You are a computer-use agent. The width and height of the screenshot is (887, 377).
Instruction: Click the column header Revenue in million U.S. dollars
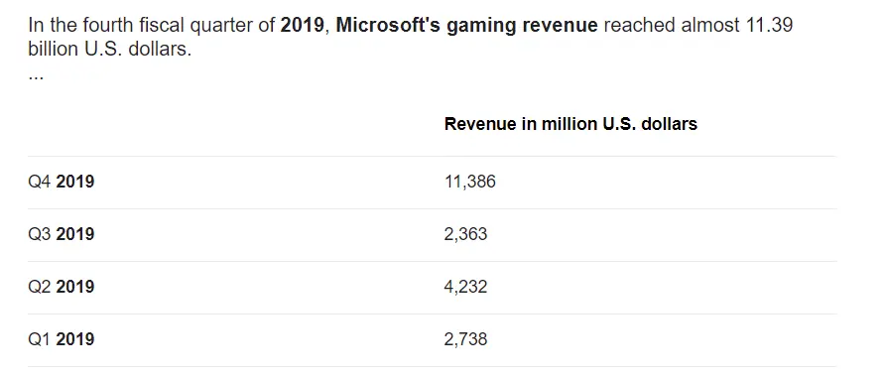click(x=570, y=124)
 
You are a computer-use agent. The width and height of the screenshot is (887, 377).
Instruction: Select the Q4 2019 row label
click(x=62, y=182)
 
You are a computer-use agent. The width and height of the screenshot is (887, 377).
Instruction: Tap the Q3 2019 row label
click(x=62, y=234)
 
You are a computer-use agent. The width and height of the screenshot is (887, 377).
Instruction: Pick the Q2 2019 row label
click(x=62, y=287)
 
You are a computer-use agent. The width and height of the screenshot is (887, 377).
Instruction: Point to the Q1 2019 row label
click(x=62, y=339)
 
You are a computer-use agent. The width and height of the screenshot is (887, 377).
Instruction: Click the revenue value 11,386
click(x=470, y=182)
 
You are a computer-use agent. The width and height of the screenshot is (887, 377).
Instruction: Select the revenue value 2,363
click(x=465, y=234)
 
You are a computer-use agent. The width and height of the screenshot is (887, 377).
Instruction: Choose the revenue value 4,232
click(x=465, y=287)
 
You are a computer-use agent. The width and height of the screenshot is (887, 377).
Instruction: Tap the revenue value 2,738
click(x=465, y=339)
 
